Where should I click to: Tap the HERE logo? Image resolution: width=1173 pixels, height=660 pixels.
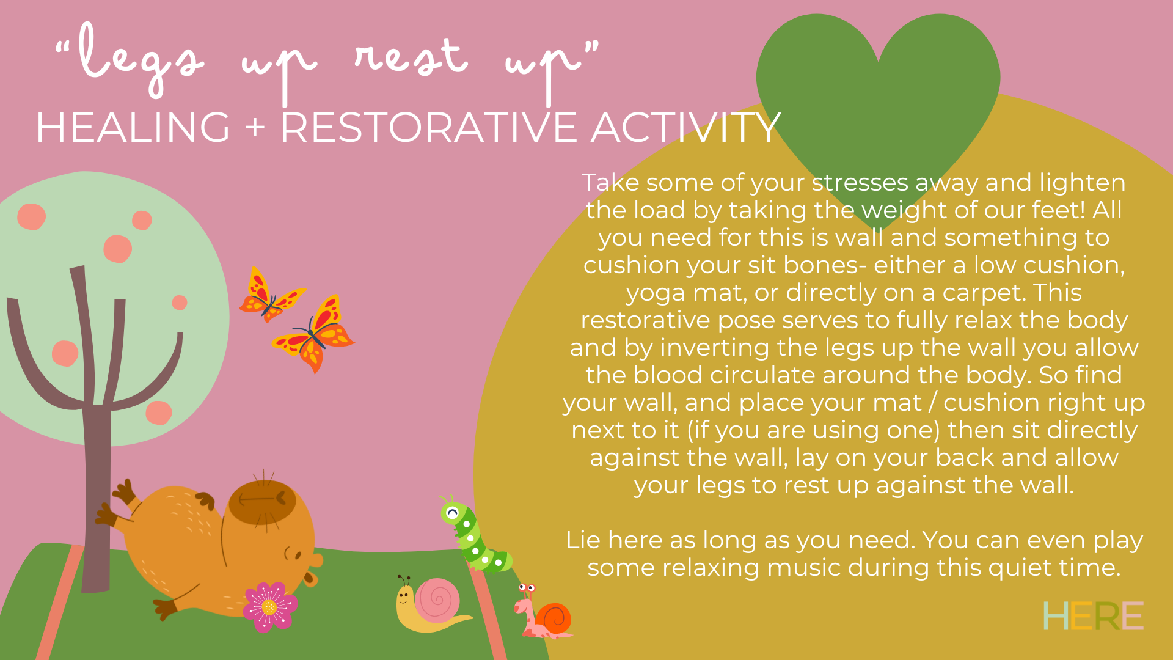(1092, 615)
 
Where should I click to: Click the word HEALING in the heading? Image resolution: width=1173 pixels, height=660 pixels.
(133, 128)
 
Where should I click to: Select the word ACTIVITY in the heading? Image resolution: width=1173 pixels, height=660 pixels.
(686, 128)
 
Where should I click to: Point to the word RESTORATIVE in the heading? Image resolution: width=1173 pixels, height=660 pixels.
(429, 128)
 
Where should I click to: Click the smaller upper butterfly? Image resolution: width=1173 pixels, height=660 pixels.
(271, 295)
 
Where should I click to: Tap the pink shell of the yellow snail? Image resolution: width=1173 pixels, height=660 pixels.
(437, 600)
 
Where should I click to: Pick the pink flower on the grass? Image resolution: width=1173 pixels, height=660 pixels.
(269, 607)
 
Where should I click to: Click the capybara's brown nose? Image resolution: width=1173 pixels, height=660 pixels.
(316, 560)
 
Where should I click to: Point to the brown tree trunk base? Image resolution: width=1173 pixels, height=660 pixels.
(95, 574)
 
